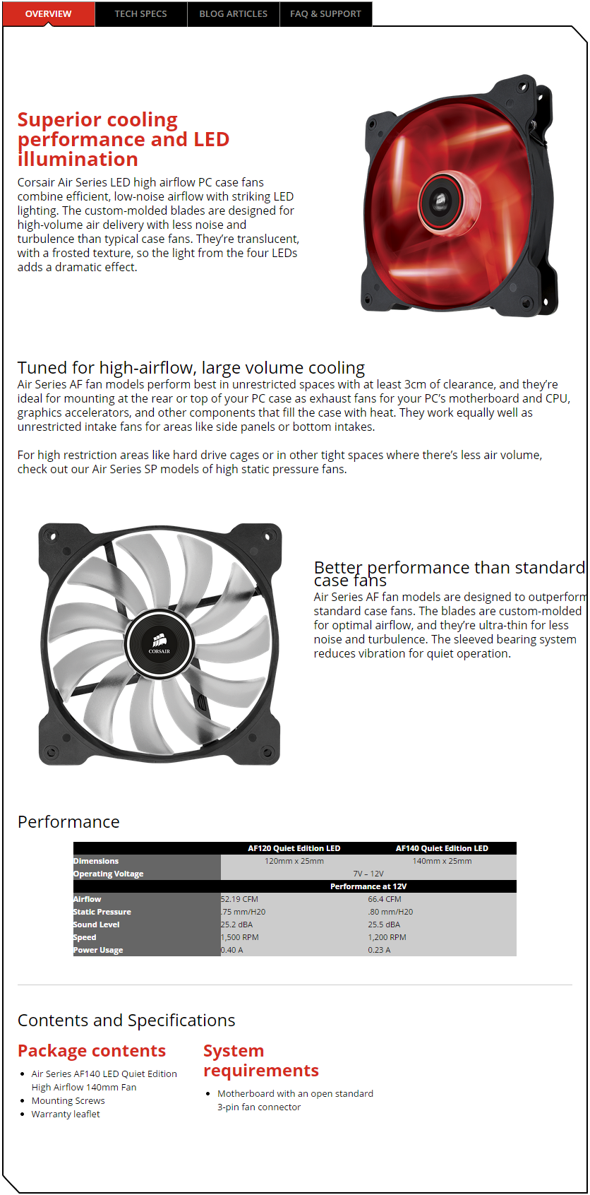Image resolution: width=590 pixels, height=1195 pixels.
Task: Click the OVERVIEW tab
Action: [x=48, y=13]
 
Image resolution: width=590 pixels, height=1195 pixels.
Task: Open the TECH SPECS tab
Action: [x=140, y=13]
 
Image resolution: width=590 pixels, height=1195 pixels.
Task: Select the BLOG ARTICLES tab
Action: [x=233, y=13]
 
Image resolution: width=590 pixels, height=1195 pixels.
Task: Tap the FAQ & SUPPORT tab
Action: [x=325, y=13]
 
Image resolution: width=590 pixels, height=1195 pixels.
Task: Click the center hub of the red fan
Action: [x=440, y=201]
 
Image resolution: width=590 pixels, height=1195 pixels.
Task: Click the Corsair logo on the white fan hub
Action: [x=159, y=643]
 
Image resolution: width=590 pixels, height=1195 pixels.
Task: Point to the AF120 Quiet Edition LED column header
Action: [x=294, y=848]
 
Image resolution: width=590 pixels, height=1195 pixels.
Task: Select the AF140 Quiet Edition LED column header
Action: [x=442, y=848]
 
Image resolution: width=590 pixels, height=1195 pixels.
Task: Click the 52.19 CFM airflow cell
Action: [x=240, y=899]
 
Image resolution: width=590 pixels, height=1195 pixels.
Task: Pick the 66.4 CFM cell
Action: [x=385, y=899]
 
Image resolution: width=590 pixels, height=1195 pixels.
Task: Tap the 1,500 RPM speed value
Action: [x=240, y=937]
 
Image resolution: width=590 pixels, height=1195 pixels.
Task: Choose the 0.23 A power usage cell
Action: [x=379, y=950]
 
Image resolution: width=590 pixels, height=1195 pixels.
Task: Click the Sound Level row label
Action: [x=97, y=925]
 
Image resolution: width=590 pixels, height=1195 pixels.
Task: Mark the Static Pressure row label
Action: [x=102, y=912]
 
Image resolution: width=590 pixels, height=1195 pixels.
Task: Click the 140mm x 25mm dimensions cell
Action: [x=442, y=861]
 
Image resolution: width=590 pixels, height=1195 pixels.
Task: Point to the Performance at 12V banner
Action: [x=368, y=886]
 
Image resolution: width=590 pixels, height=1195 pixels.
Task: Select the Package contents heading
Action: [x=92, y=1051]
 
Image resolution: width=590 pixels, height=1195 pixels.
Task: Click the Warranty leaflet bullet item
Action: [x=66, y=1114]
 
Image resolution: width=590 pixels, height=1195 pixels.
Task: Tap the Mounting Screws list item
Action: [x=68, y=1100]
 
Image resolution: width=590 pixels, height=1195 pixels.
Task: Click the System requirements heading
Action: [x=260, y=1061]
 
